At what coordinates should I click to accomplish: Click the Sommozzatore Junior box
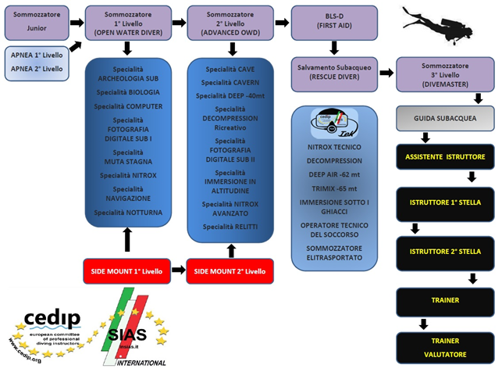[35, 21]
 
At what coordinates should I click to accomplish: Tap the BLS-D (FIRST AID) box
[333, 21]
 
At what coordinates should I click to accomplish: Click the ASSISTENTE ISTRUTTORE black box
[445, 157]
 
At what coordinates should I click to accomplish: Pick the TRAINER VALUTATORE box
[445, 346]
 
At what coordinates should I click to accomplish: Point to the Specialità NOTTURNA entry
[126, 213]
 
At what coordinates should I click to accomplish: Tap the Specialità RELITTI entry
[230, 227]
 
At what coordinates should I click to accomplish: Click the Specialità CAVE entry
[230, 69]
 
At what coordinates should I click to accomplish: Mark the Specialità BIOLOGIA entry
[126, 91]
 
